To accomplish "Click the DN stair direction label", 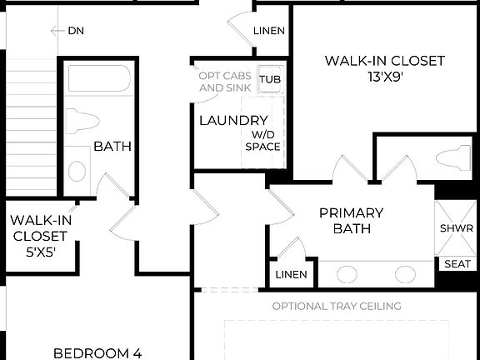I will point(75,31).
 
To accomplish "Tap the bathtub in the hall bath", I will point(98,81).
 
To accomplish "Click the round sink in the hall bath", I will point(77,172).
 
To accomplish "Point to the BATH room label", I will point(112,147).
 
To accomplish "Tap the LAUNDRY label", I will point(221,121).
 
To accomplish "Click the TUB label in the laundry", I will point(269,80).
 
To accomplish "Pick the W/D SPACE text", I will point(262,140).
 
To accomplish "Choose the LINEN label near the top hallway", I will point(269,31).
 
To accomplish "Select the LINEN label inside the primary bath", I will point(291,274).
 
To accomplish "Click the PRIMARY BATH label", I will point(351,220).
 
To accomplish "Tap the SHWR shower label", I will point(456,228).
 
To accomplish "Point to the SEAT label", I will point(457,264).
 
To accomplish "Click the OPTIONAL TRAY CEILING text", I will point(337,306).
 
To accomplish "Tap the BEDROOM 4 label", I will point(97,352).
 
